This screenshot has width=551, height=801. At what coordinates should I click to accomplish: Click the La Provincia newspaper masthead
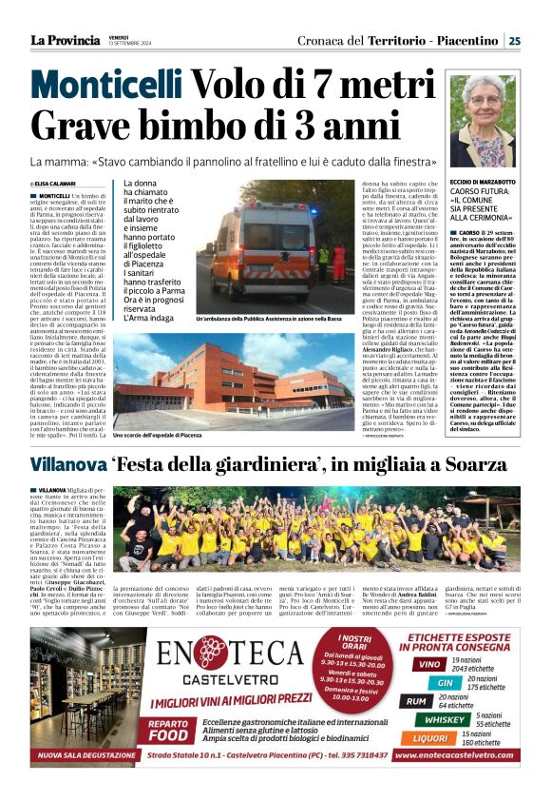tap(64, 40)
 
